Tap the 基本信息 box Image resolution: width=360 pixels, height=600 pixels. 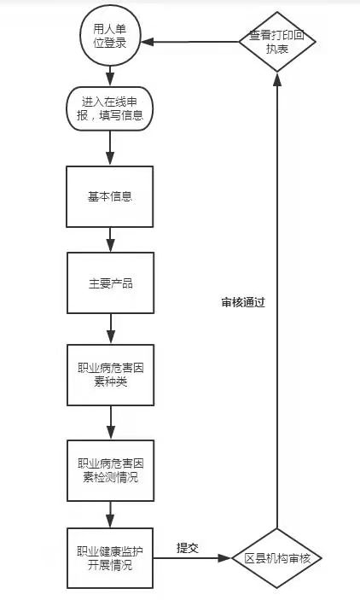click(x=109, y=195)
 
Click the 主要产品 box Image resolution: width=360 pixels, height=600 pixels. click(x=110, y=283)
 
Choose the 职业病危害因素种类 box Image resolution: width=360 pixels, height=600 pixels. click(x=110, y=376)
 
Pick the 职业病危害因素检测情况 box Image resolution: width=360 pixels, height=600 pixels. click(x=110, y=469)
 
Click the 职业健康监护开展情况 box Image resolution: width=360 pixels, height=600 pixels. click(x=110, y=559)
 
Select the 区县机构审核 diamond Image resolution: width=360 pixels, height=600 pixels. click(x=276, y=558)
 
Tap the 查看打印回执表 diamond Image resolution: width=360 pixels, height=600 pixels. click(x=276, y=42)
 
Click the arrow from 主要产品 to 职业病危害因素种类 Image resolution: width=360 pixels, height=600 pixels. click(x=111, y=328)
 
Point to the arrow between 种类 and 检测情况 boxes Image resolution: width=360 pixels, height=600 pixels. click(x=111, y=422)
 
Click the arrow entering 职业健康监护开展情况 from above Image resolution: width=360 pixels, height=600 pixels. click(x=110, y=515)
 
